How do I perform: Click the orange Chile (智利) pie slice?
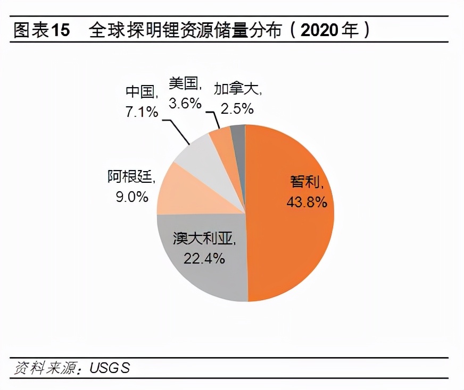pyautogui.click(x=298, y=234)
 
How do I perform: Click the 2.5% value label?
pyautogui.click(x=237, y=108)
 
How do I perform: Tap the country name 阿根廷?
pyautogui.click(x=130, y=176)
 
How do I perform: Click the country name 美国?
pyautogui.click(x=183, y=83)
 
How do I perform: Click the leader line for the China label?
pyautogui.click(x=177, y=132)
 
